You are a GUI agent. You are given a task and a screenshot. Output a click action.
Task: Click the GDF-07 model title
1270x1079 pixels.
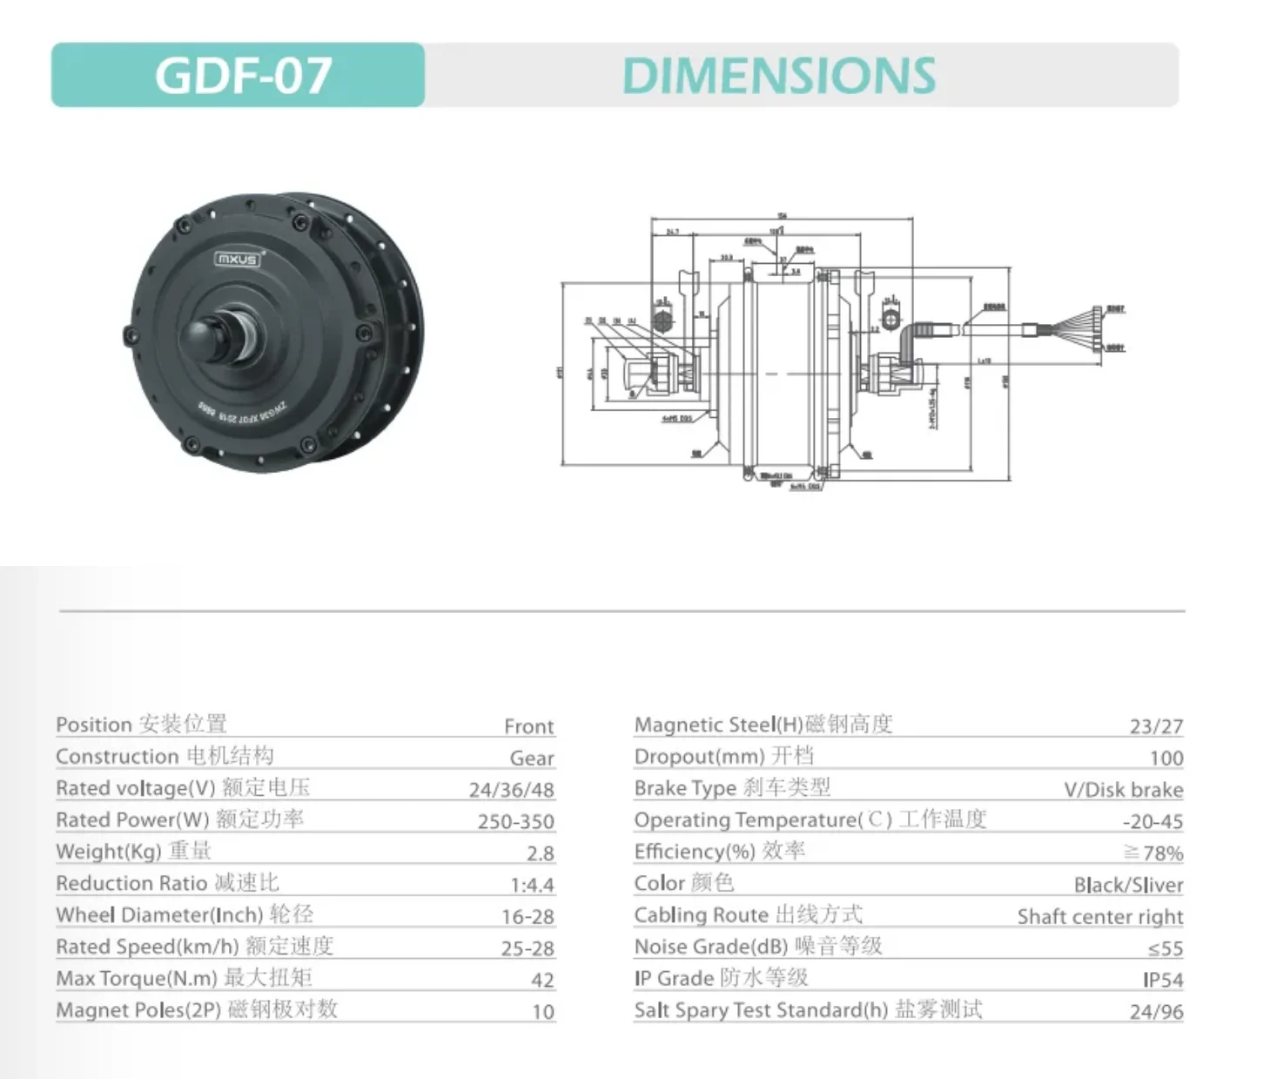243,76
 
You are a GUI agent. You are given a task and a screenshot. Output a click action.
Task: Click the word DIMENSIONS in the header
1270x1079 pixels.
779,76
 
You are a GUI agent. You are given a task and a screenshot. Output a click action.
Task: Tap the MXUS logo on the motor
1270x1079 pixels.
237,259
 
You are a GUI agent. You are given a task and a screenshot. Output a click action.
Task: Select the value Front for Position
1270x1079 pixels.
528,726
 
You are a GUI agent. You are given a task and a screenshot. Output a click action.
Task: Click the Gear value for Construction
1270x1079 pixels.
532,759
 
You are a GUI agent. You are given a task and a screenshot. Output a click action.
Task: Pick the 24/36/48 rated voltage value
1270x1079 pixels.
511,790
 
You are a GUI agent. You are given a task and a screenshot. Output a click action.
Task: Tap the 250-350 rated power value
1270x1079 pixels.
515,821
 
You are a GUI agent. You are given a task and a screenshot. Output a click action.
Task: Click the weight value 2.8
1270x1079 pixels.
540,853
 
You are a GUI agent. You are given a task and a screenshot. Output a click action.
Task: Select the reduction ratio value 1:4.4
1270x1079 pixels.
532,885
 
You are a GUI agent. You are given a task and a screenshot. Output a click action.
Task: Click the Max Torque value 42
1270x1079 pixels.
542,980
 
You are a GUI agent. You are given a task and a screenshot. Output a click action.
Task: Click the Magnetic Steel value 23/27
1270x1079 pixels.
1156,726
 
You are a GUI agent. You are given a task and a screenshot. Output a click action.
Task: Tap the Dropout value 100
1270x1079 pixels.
1166,759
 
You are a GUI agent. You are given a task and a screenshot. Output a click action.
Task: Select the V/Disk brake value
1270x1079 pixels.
1123,790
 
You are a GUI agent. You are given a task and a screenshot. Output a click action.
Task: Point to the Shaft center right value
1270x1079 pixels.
1099,916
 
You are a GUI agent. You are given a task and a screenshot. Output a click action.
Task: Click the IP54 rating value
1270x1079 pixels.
1163,980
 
